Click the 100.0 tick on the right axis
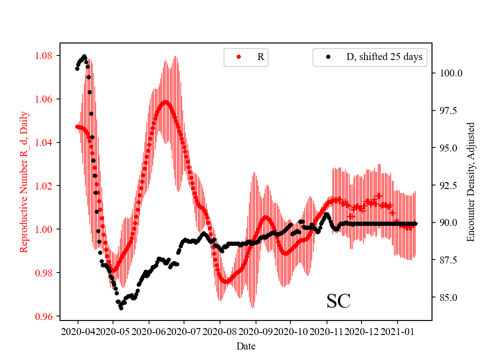(x=450, y=73)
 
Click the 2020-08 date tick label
(x=220, y=331)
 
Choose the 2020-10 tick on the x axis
(x=291, y=331)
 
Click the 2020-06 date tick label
(x=148, y=331)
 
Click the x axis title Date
(x=246, y=345)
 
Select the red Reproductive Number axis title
(x=24, y=181)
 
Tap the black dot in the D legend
(x=328, y=57)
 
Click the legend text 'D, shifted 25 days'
(x=384, y=57)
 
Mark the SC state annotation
(x=338, y=301)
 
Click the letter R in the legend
(x=260, y=57)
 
